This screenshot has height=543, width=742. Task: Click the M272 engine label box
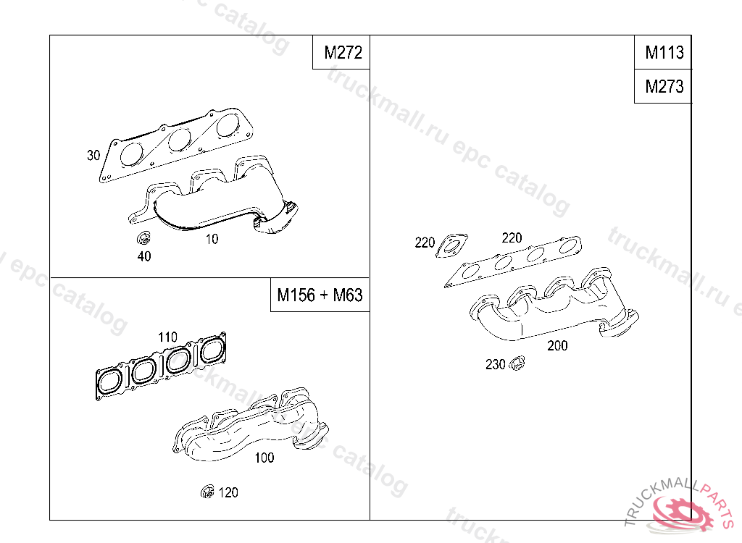click(x=341, y=52)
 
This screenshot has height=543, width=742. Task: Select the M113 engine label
click(x=664, y=52)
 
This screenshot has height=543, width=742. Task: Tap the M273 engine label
click(x=664, y=87)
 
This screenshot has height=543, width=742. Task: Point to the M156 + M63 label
click(x=320, y=295)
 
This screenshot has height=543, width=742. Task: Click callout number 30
click(x=93, y=155)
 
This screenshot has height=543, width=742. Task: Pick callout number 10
click(x=212, y=239)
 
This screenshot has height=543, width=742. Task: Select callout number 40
click(x=144, y=256)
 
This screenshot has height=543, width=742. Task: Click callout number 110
click(x=167, y=337)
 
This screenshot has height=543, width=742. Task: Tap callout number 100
click(x=264, y=458)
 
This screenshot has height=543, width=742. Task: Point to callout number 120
click(x=228, y=492)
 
